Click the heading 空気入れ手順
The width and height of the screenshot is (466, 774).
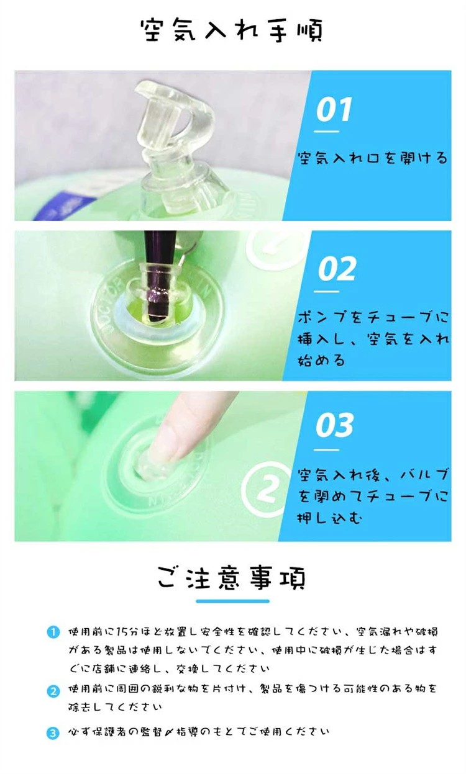(x=232, y=31)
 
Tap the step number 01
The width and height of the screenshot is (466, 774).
(x=334, y=109)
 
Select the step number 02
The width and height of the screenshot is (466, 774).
(x=337, y=269)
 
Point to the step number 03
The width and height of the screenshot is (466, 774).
(x=334, y=425)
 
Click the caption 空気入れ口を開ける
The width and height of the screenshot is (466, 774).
(x=373, y=158)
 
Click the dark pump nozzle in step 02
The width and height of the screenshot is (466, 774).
(x=161, y=273)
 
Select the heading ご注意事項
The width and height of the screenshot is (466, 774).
(x=232, y=577)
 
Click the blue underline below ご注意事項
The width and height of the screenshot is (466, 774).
(x=232, y=601)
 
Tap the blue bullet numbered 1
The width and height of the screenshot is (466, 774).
(x=53, y=632)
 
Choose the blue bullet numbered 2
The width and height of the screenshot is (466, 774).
(x=53, y=691)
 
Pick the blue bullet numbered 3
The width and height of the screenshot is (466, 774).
(x=53, y=733)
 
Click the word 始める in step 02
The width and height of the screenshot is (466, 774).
(x=321, y=361)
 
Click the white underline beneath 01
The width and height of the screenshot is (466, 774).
(x=326, y=132)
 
